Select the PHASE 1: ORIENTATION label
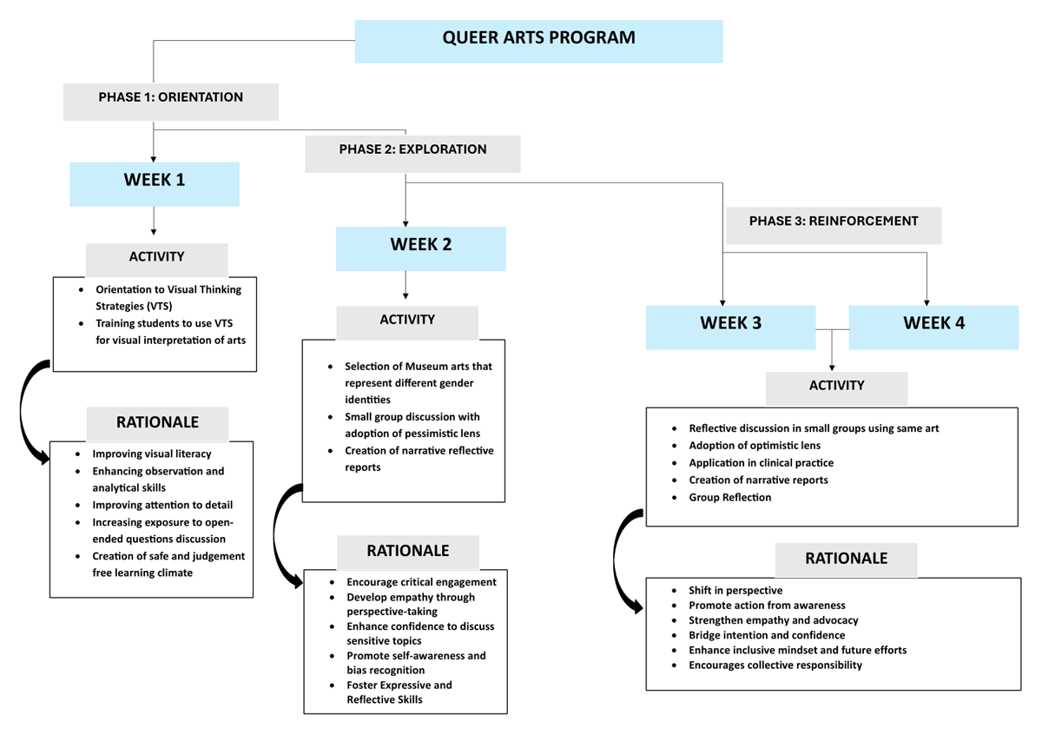click(170, 98)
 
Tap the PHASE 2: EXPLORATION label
click(412, 150)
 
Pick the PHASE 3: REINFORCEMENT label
click(833, 222)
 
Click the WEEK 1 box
click(155, 182)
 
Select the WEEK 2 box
click(420, 245)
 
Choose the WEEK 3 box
click(730, 324)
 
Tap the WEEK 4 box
click(933, 324)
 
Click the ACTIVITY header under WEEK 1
click(156, 257)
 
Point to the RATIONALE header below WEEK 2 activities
click(407, 552)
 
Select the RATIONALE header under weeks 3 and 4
click(846, 559)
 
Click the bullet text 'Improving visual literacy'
click(152, 454)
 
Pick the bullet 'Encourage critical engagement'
click(421, 583)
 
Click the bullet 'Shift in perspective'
click(735, 591)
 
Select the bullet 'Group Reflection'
click(729, 498)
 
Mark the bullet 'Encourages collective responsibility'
click(775, 665)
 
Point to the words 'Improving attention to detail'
click(162, 506)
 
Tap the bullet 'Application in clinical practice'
click(761, 463)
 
